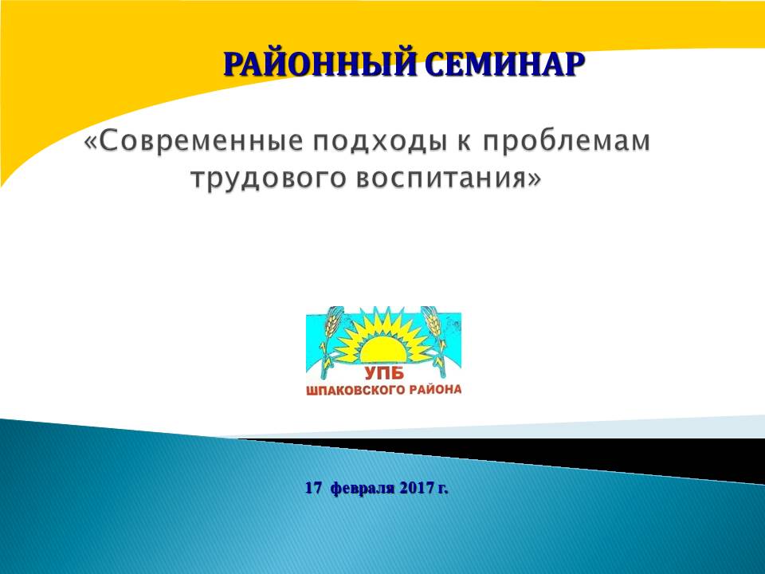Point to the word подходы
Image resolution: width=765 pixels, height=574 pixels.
pos(379,143)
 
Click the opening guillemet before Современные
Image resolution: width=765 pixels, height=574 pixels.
pos(92,143)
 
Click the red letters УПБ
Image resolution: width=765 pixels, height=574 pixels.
pos(384,374)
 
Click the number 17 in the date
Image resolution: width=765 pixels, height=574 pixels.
pos(314,488)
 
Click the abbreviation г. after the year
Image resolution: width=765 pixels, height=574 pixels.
pos(443,489)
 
